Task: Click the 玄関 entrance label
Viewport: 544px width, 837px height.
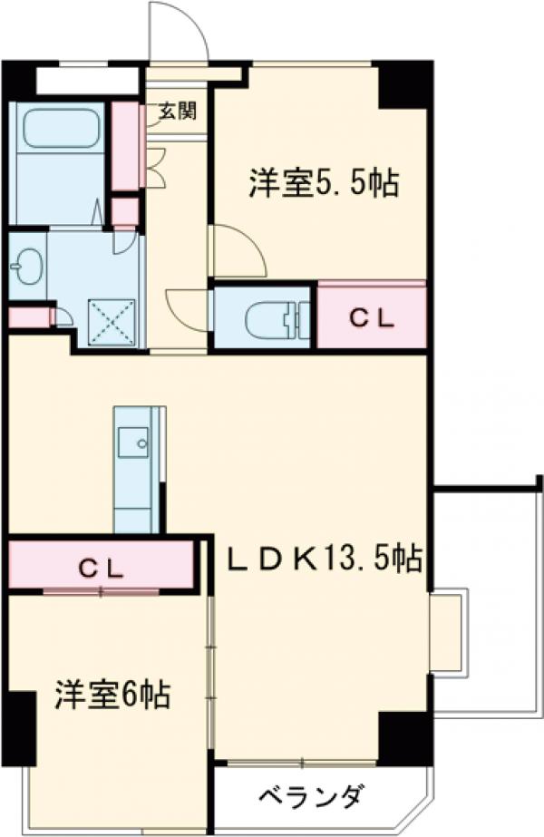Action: tap(177, 112)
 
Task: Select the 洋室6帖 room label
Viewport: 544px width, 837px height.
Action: tap(112, 695)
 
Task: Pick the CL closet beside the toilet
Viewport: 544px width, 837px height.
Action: tap(372, 317)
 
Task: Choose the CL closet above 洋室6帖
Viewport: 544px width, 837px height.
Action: tap(100, 567)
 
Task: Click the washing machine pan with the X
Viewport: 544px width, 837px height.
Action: tap(112, 321)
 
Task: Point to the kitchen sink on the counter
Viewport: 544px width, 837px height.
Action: tap(138, 444)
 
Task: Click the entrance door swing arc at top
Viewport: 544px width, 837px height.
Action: tap(180, 32)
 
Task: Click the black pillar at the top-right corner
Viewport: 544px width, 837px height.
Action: tap(404, 87)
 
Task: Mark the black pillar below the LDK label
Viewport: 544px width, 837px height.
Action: tap(404, 736)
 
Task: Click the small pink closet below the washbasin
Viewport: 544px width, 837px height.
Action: tap(29, 318)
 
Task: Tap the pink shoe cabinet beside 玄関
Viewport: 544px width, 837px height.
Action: tap(125, 146)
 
